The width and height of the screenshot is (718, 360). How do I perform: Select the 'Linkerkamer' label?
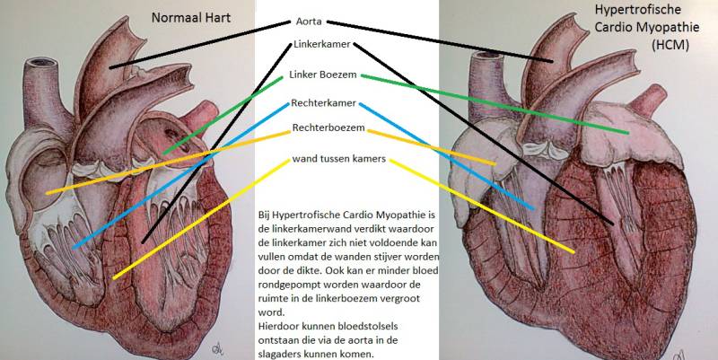click(321, 44)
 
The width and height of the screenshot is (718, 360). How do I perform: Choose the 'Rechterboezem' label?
click(328, 129)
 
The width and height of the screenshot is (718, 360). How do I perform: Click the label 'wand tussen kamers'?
click(339, 159)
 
